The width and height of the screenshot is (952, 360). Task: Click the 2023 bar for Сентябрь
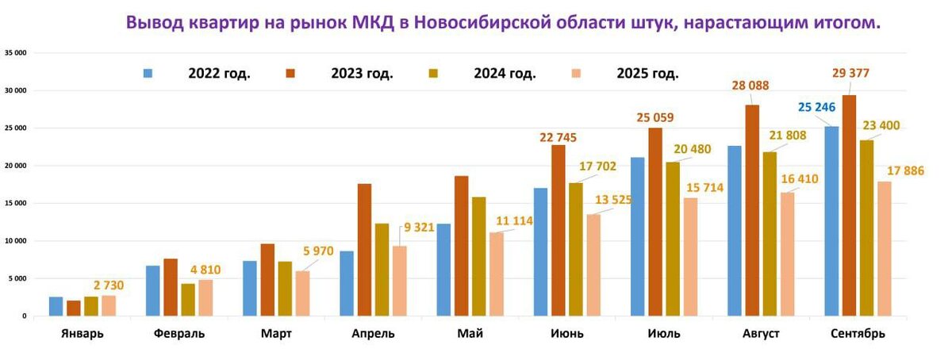tap(849, 205)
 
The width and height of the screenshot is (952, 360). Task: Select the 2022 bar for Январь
tap(56, 306)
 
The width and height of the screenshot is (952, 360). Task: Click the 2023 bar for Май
tap(462, 246)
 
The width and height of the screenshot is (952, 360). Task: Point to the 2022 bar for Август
tap(735, 231)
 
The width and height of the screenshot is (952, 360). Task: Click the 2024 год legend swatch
tap(432, 74)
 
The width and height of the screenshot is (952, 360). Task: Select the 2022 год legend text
tap(219, 74)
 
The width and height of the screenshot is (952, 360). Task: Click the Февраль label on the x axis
tap(179, 334)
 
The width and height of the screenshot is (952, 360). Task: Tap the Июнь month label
tap(566, 334)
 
